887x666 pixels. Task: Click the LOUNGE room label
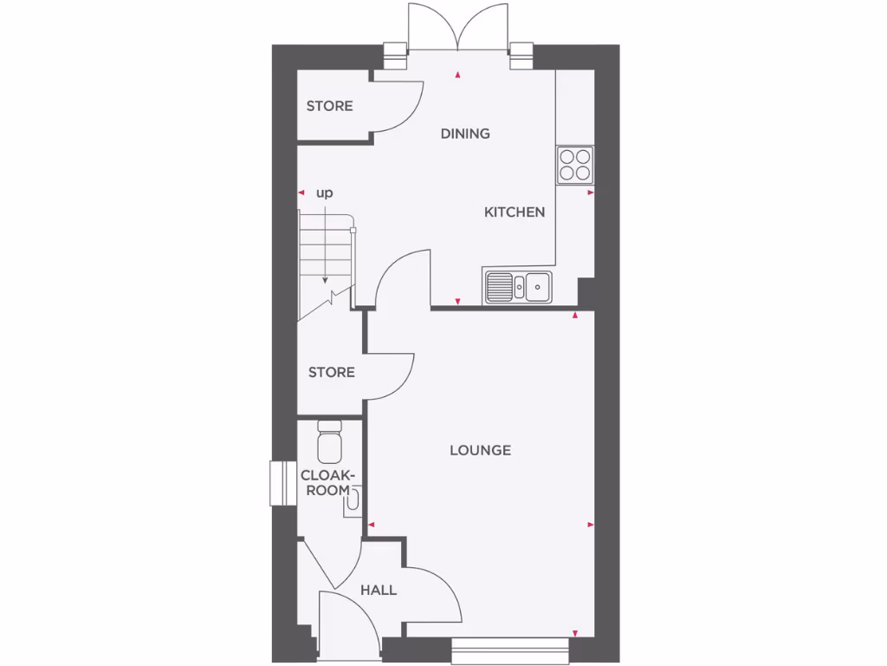480,450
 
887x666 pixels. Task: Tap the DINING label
465,134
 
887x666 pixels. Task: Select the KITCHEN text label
514,212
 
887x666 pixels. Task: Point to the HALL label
379,591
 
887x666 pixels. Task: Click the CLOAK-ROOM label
328,482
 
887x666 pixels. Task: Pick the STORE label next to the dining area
329,106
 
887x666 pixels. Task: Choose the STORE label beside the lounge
332,372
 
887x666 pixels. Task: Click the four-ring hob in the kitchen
575,164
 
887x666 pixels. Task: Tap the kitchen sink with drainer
519,286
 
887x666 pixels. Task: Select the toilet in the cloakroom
330,442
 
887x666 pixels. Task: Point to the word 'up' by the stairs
324,193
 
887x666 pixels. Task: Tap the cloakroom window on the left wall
279,482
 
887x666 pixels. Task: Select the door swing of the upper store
400,107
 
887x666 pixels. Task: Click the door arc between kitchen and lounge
404,277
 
